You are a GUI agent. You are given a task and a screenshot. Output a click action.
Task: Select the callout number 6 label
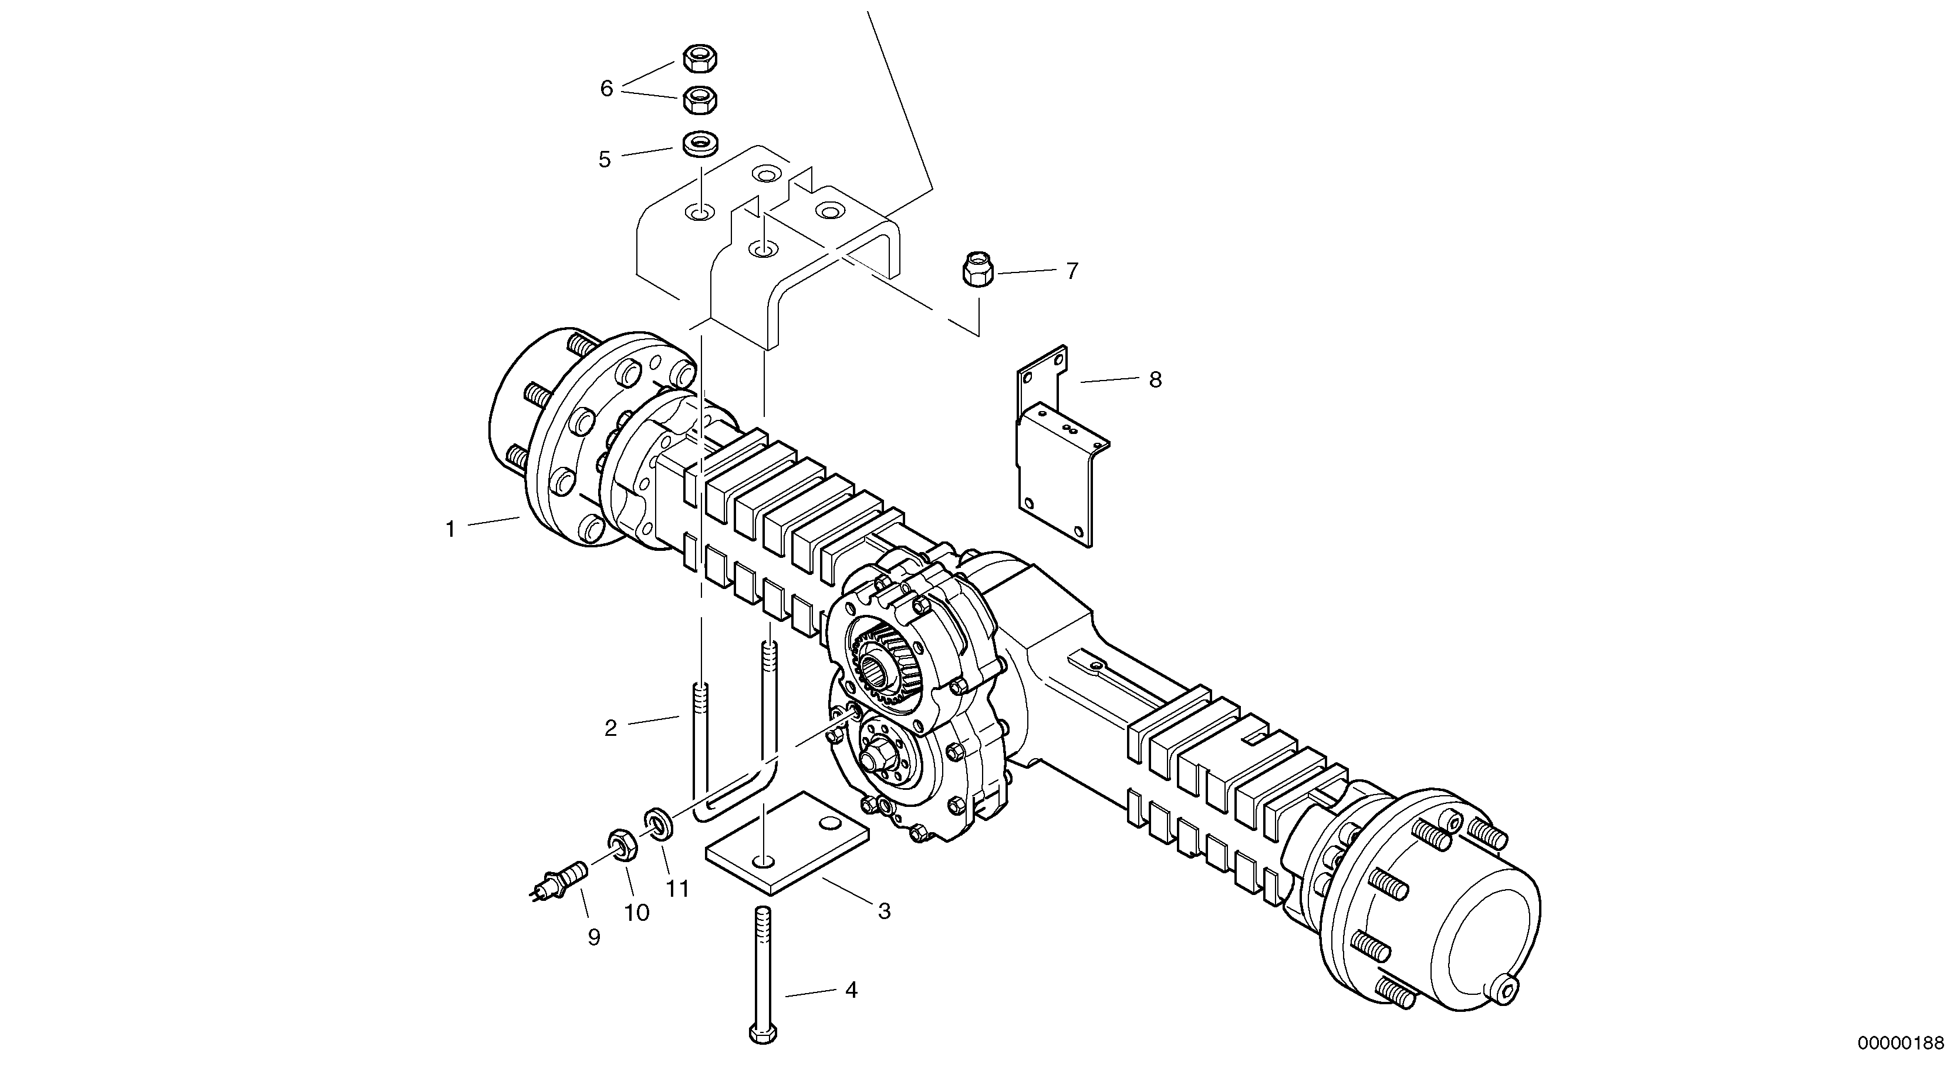pyautogui.click(x=606, y=89)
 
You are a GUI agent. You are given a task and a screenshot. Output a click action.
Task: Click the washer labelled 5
pyautogui.click(x=700, y=144)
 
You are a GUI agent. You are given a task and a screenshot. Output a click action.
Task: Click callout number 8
pyautogui.click(x=1155, y=380)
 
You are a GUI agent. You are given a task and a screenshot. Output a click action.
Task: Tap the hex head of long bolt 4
pyautogui.click(x=762, y=1034)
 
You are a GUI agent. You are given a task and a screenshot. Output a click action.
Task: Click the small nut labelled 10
pyautogui.click(x=622, y=844)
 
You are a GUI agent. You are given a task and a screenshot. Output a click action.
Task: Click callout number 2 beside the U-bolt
pyautogui.click(x=610, y=729)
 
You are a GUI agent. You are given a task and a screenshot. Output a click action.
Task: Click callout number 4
pyautogui.click(x=851, y=990)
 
